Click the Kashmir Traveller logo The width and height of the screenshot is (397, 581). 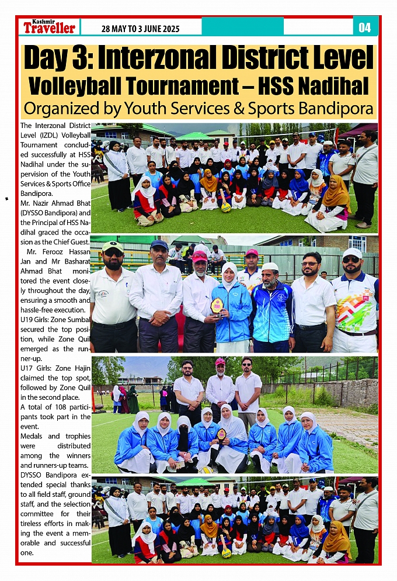49,27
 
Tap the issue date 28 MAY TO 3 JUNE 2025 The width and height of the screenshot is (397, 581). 140,29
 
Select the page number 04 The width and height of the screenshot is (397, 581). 365,27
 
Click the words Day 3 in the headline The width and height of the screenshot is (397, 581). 58,58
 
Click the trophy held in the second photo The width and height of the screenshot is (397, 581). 217,305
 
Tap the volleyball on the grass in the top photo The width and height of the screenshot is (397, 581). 225,207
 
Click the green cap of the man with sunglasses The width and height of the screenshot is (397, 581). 113,247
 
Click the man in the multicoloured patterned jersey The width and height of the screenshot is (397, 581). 355,304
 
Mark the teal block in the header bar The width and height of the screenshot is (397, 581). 242,26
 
